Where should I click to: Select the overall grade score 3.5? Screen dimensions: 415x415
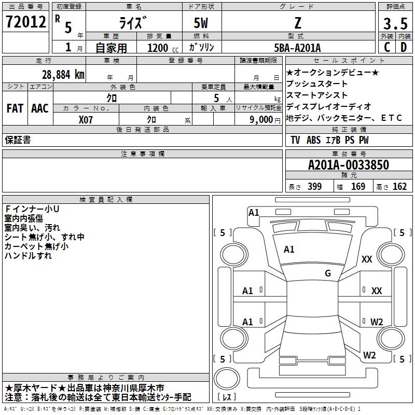[395, 24]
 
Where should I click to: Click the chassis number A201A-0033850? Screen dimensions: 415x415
[348, 165]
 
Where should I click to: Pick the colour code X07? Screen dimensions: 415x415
[86, 119]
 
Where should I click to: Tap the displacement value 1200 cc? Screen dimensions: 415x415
[161, 48]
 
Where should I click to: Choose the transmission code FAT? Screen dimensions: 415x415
[15, 108]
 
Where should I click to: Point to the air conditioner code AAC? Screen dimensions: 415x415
[39, 108]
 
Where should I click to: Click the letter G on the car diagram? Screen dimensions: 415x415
[328, 273]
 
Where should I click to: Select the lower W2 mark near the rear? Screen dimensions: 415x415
[369, 355]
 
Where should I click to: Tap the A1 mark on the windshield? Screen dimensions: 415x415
[289, 250]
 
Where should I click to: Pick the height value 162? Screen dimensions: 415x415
[399, 187]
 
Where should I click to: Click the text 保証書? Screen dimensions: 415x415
[18, 140]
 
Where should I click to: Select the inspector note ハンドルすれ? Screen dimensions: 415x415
[28, 256]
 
